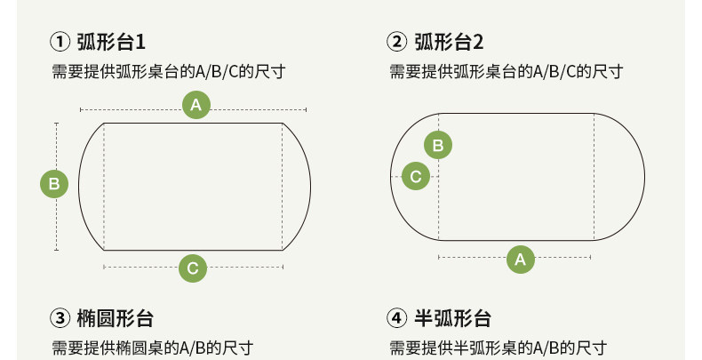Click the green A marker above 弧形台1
click(x=196, y=106)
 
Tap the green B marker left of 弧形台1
click(x=55, y=185)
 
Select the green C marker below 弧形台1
click(x=193, y=267)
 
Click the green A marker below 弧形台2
click(x=520, y=260)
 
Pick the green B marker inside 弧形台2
click(x=437, y=145)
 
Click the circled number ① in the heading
click(x=60, y=42)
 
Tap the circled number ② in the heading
click(x=397, y=42)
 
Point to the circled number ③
click(x=60, y=318)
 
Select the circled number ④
click(x=397, y=318)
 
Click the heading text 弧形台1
click(x=111, y=42)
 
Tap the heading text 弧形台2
click(x=450, y=42)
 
